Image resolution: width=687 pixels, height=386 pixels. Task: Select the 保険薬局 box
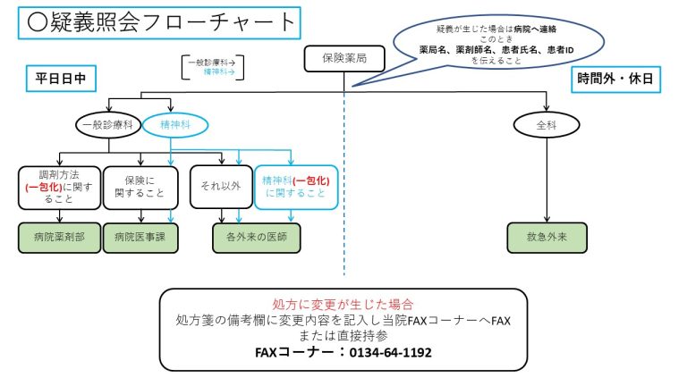click(x=343, y=59)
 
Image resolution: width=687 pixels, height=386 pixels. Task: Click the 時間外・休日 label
click(x=615, y=79)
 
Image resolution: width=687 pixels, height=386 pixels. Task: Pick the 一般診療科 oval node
click(x=107, y=125)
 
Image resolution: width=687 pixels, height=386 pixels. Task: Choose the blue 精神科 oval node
click(x=174, y=125)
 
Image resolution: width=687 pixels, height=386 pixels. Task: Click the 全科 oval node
click(x=546, y=125)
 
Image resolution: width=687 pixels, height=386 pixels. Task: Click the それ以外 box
click(x=220, y=188)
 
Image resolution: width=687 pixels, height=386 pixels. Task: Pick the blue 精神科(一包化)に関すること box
click(x=296, y=188)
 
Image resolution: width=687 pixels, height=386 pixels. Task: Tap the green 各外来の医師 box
click(x=256, y=238)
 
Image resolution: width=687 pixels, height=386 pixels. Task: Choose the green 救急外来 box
click(x=546, y=238)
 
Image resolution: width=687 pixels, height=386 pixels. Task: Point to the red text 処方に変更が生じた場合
click(x=343, y=304)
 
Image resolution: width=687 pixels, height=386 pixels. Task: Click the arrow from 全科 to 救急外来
click(x=546, y=179)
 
